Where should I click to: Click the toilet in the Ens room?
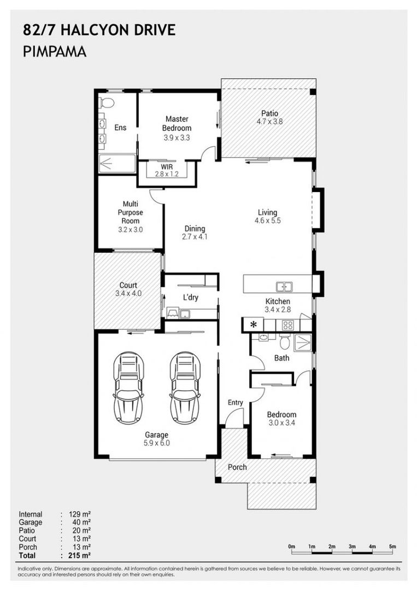click(x=107, y=102)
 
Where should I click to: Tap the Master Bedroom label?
click(x=177, y=123)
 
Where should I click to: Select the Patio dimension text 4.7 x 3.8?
click(x=269, y=121)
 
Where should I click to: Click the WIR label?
click(x=167, y=166)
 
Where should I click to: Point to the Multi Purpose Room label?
click(x=130, y=212)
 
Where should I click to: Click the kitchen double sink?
click(x=285, y=287)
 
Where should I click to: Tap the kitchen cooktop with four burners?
click(x=288, y=325)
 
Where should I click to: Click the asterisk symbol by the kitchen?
click(x=254, y=324)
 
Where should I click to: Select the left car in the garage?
click(x=128, y=388)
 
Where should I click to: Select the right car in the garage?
click(x=185, y=388)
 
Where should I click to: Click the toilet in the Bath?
click(x=285, y=341)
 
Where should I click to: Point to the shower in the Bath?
click(x=303, y=343)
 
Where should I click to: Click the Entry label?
click(x=235, y=403)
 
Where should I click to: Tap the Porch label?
click(x=237, y=467)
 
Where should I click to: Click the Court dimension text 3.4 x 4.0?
click(x=128, y=293)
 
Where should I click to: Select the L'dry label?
click(x=190, y=297)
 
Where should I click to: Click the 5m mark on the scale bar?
click(x=392, y=547)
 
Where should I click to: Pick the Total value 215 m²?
click(x=80, y=555)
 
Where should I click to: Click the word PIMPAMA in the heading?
click(x=55, y=51)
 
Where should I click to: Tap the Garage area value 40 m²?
click(x=81, y=523)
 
